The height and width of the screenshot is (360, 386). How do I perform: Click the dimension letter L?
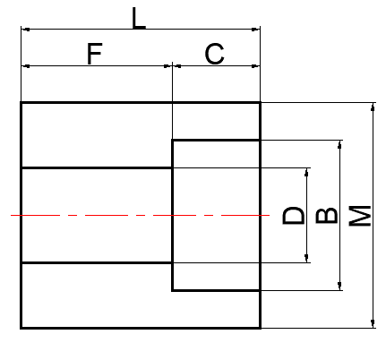pos(138,18)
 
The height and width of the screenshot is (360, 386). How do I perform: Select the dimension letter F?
pos(94,54)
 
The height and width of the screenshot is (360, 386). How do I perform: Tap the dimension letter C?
pos(214,54)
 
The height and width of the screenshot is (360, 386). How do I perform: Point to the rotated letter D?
pos(294,215)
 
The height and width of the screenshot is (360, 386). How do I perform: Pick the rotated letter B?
pos(327,215)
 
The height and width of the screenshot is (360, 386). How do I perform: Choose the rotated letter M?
pos(360,216)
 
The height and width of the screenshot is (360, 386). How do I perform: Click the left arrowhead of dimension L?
pos(26,30)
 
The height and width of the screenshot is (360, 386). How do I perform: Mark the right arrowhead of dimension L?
pos(256,30)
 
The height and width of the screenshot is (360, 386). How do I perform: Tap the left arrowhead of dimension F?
pos(26,66)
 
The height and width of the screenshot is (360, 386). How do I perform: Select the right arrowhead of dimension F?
pos(168,66)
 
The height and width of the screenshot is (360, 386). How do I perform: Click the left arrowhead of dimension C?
pos(177,66)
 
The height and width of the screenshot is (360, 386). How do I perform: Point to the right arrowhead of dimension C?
pos(256,66)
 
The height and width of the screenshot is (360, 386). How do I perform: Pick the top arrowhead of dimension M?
pos(373,107)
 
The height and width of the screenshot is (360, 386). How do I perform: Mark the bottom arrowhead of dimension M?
pos(373,323)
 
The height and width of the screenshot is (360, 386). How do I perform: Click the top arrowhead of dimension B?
pos(339,144)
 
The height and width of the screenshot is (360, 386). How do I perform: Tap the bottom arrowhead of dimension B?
pos(339,286)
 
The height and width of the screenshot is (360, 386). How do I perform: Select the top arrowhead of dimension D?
pos(306,173)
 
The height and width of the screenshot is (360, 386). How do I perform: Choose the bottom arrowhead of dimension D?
pos(306,259)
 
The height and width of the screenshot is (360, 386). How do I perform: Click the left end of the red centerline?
pos(11,215)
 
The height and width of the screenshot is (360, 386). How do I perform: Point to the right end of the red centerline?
pos(270,215)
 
